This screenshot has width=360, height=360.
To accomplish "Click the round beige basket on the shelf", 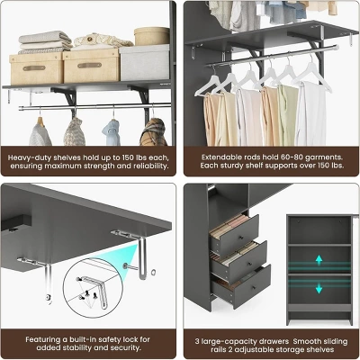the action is (152, 36).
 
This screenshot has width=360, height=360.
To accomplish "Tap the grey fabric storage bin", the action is (145, 63).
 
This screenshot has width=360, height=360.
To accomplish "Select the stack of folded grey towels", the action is (45, 42).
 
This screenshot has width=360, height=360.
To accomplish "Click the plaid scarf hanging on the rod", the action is (154, 132).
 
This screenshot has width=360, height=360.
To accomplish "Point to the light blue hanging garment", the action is (112, 132).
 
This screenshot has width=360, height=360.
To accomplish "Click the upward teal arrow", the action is (319, 260).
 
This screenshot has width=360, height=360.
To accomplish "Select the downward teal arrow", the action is (319, 288).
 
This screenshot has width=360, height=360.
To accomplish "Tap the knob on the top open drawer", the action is (241, 238).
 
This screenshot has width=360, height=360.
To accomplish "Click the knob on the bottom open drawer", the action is (254, 288).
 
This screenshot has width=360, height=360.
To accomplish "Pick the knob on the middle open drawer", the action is (248, 264).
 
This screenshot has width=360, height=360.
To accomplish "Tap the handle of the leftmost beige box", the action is (34, 68).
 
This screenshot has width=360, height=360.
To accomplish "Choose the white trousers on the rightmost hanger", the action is (310, 113).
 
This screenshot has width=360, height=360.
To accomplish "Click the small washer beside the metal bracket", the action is (153, 273).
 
